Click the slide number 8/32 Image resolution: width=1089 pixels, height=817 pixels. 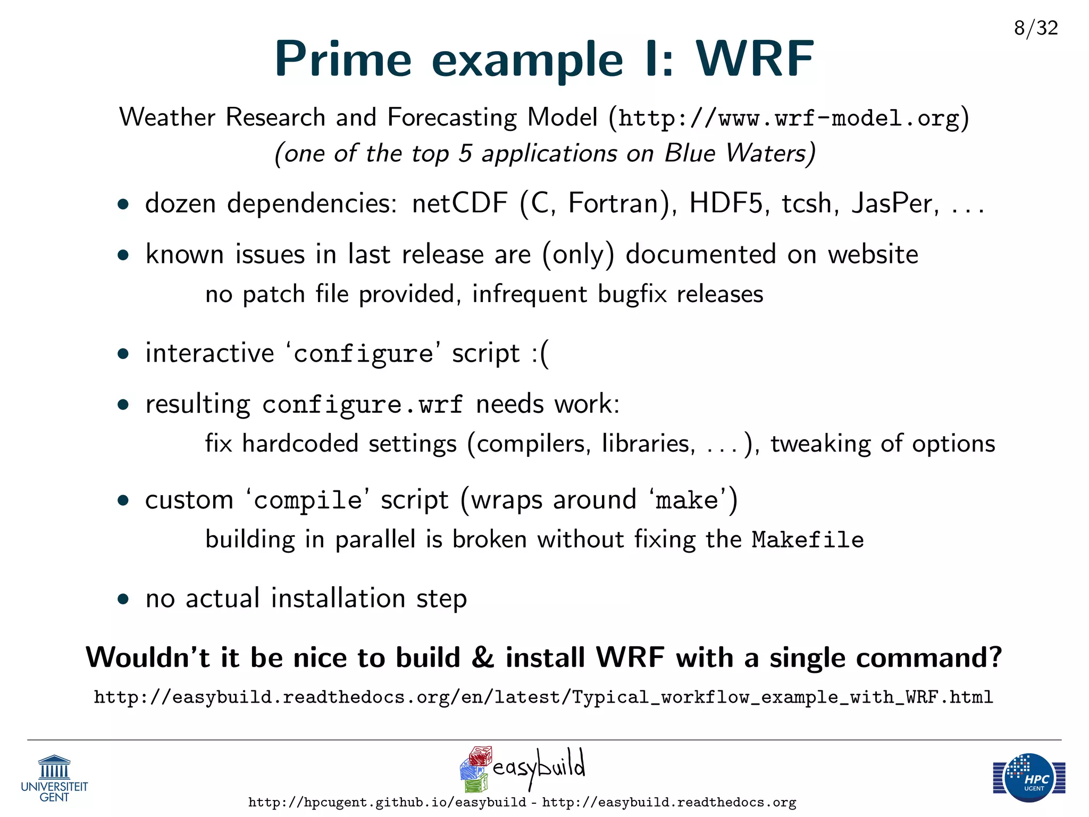[x=1035, y=28]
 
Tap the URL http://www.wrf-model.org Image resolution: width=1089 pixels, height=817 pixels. [x=789, y=118]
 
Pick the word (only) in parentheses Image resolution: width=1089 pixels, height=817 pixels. [x=578, y=255]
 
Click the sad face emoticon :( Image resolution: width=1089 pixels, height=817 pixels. [x=540, y=354]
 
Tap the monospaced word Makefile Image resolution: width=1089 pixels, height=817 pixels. [x=807, y=540]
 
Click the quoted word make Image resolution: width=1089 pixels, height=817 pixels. [x=686, y=501]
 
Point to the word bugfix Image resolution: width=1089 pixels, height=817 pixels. [x=632, y=294]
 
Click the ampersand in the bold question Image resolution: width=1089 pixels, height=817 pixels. [x=482, y=657]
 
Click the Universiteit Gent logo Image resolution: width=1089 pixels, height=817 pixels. [x=54, y=778]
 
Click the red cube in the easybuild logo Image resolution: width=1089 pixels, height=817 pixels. [x=481, y=756]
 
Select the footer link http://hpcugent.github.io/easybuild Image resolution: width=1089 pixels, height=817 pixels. [x=387, y=802]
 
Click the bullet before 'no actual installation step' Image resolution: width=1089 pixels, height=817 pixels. [x=123, y=599]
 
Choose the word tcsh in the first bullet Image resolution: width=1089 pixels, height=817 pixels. [x=810, y=203]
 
